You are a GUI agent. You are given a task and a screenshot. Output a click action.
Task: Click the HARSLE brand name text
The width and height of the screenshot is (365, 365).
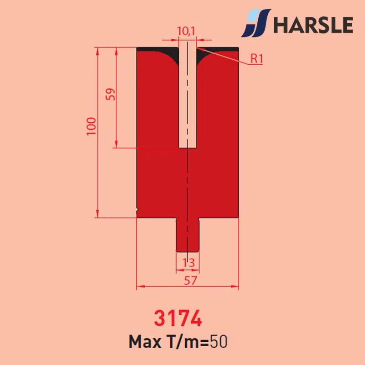click(313, 25)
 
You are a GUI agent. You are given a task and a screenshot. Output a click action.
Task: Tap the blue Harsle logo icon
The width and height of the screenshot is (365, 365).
click(256, 23)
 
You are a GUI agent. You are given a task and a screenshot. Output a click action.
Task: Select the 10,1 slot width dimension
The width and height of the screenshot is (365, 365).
click(186, 31)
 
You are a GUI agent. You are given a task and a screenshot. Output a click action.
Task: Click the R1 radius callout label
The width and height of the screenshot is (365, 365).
click(256, 58)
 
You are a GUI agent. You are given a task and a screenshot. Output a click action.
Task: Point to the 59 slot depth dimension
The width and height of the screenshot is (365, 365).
click(110, 94)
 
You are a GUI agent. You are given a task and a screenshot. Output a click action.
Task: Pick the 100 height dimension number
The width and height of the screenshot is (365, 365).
click(91, 126)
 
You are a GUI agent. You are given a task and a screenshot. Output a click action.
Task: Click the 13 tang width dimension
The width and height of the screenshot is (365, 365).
click(188, 263)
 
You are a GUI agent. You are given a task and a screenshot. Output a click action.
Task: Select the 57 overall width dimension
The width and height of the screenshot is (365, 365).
click(190, 281)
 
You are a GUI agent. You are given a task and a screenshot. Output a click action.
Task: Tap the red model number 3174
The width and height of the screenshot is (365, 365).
click(178, 318)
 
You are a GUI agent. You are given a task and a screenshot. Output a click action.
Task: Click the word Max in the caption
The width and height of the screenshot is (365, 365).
click(145, 342)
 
